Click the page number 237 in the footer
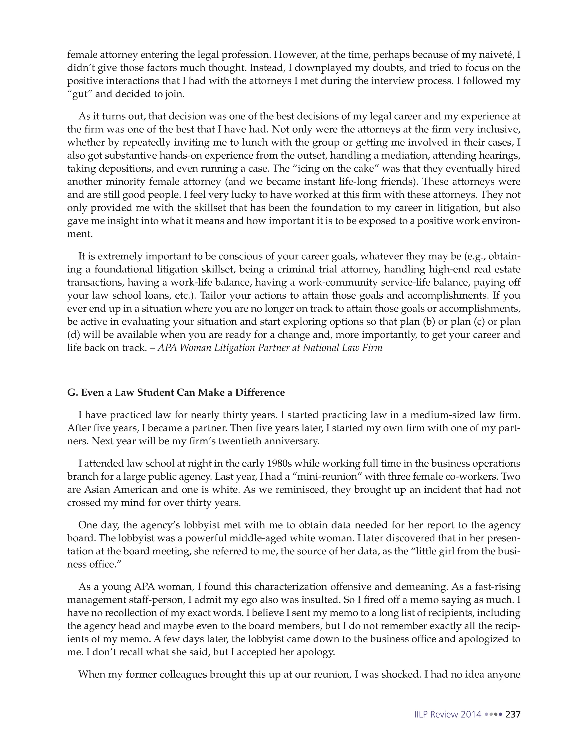pos(512,714)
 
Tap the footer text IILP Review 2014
pos(447,714)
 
